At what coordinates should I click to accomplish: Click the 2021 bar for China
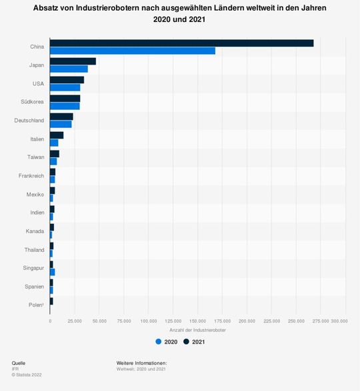[181, 43]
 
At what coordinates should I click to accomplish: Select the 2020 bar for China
[132, 51]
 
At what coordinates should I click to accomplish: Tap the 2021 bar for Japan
[73, 61]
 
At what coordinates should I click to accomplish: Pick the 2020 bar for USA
[65, 87]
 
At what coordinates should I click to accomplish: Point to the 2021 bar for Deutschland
[61, 117]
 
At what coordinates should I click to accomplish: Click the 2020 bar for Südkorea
[65, 106]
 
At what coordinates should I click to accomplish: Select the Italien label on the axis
[37, 139]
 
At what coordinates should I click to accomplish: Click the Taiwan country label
[36, 157]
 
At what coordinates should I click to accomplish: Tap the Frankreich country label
[31, 176]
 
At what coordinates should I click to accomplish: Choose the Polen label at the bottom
[36, 305]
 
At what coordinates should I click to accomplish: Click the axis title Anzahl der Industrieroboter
[198, 330]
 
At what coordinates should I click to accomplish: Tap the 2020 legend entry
[166, 342]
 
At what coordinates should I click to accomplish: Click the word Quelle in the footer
[19, 363]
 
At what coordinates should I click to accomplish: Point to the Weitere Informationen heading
[141, 363]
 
